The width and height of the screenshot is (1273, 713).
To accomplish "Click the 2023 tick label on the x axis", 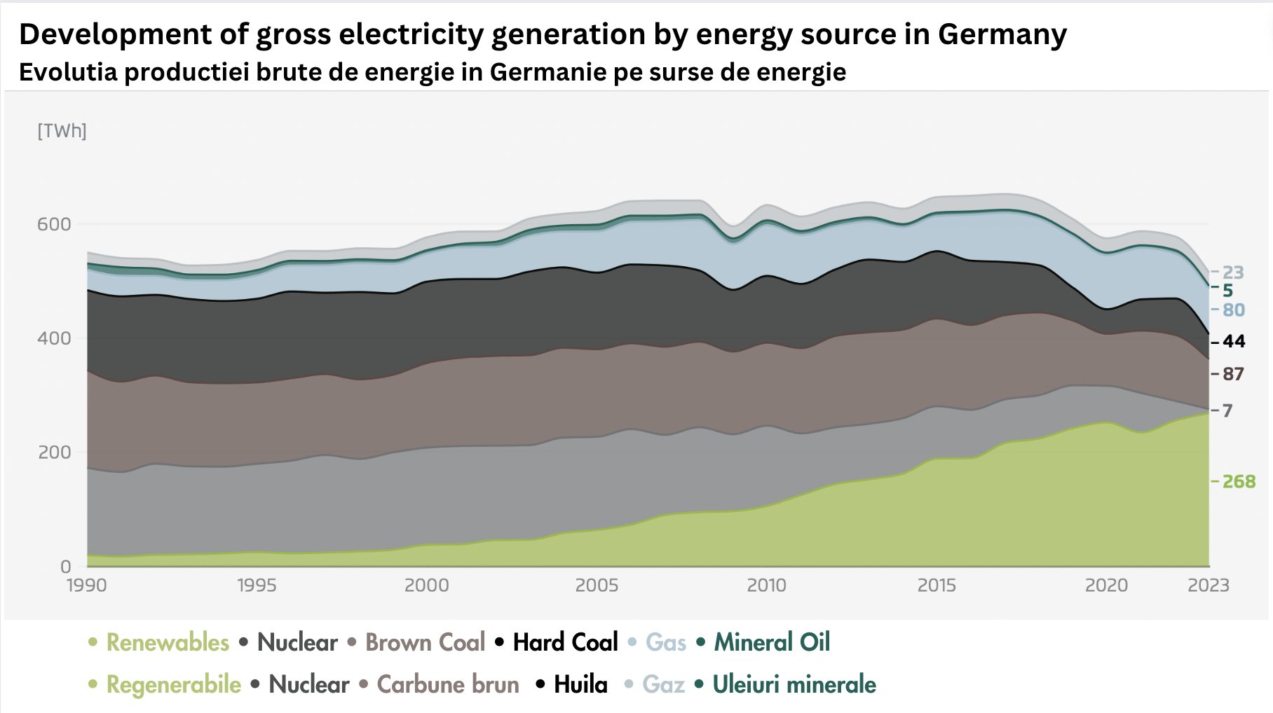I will (x=1208, y=586).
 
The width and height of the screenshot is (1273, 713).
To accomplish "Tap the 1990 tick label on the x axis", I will (x=87, y=586).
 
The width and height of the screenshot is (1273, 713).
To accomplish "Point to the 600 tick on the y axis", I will (x=55, y=224).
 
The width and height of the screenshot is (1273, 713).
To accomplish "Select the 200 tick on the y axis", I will (x=55, y=452).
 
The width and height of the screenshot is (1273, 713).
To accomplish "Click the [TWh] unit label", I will (x=62, y=131).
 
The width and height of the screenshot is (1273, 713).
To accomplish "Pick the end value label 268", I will (x=1239, y=482).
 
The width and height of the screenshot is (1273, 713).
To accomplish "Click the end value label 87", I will (x=1233, y=374).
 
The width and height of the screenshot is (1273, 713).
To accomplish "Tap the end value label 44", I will (x=1234, y=342).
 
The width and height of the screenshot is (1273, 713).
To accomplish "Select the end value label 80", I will (x=1234, y=310).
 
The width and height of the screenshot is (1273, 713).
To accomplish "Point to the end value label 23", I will (x=1233, y=272).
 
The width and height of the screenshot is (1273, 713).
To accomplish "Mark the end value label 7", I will (x=1227, y=410).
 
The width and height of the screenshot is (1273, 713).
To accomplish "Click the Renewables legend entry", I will (x=168, y=642).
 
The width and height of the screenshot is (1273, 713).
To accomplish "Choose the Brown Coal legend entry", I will (x=425, y=642).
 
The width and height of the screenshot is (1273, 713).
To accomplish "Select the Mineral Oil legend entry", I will (x=772, y=642).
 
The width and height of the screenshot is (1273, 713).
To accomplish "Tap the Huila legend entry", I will (x=580, y=684).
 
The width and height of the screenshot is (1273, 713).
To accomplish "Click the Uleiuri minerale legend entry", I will (x=794, y=684).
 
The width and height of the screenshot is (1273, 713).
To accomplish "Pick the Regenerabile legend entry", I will (x=173, y=684).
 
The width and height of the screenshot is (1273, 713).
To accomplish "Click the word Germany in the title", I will (x=1002, y=34).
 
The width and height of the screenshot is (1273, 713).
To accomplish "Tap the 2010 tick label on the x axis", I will (x=766, y=586).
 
